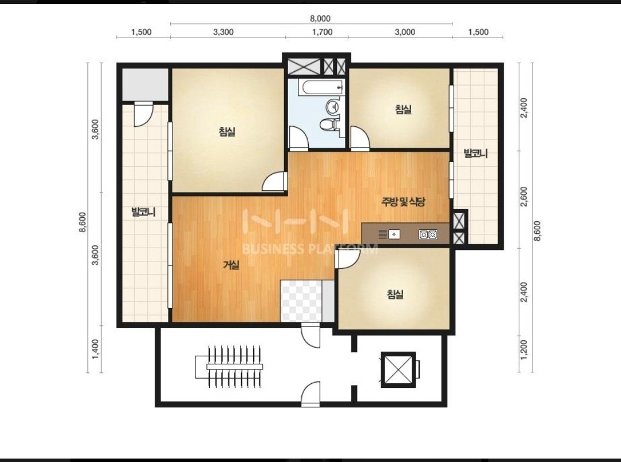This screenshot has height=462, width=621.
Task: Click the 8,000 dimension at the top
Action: (x=320, y=18)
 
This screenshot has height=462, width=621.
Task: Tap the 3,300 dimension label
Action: (x=223, y=32)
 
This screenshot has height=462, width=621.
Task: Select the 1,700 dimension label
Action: (x=323, y=32)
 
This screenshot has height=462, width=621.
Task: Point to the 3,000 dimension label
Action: (x=405, y=32)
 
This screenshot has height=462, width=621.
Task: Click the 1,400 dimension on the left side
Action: (x=95, y=349)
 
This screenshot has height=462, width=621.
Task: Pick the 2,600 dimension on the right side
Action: (x=524, y=197)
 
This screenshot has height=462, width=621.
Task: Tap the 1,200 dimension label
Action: (x=524, y=349)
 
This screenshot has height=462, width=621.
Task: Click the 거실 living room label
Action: (x=231, y=264)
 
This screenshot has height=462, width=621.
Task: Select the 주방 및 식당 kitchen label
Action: (x=403, y=202)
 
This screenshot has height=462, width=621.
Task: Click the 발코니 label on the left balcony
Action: (x=143, y=212)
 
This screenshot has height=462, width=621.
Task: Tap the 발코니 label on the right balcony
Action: (x=476, y=153)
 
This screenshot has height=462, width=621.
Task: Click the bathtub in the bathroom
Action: (x=316, y=87)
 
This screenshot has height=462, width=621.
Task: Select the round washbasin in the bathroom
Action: (x=332, y=106)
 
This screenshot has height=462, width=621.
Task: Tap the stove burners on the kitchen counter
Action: (x=428, y=235)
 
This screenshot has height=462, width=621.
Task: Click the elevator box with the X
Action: (x=398, y=369)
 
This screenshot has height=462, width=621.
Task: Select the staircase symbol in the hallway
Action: (x=229, y=367)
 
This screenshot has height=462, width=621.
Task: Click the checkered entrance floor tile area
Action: (x=301, y=301)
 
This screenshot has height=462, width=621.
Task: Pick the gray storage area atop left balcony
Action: (x=145, y=84)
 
